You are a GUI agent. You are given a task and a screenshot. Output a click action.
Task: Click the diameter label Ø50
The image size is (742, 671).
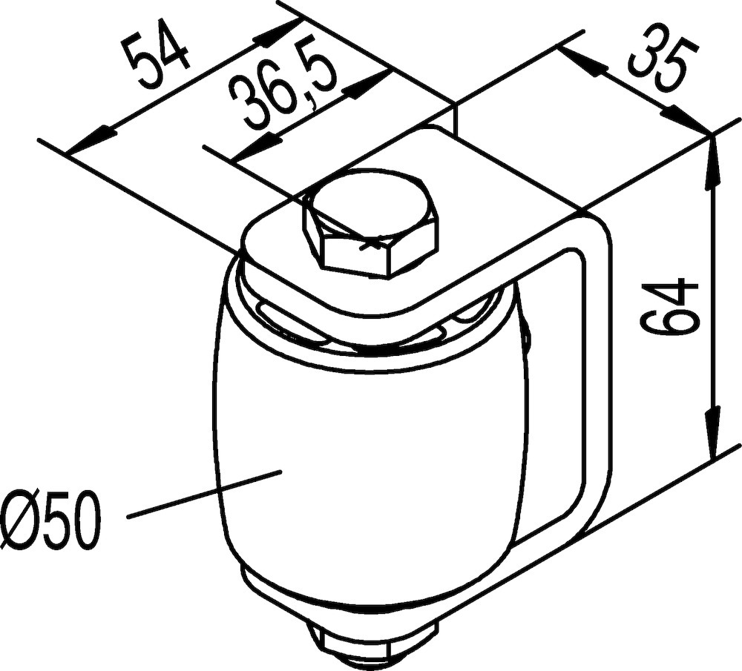(50, 521)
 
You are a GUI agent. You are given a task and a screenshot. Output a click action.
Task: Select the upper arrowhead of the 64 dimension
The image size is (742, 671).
(712, 160)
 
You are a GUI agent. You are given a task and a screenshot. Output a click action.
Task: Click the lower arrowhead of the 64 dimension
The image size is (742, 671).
(712, 433)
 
